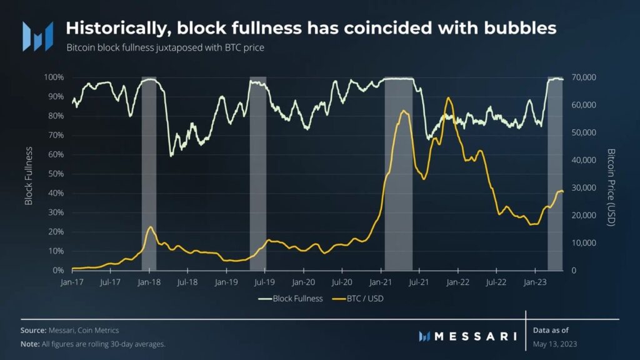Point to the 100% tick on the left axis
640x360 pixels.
tap(54, 77)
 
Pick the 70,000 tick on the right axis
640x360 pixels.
tap(585, 77)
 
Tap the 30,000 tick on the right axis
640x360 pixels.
tap(585, 187)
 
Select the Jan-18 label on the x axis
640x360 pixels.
tap(149, 282)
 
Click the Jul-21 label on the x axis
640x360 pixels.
tap(419, 282)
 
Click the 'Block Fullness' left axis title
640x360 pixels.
tap(29, 176)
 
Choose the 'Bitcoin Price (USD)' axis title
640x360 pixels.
tap(612, 187)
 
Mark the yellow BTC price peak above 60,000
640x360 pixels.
tap(447, 98)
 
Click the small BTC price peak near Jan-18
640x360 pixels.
tap(150, 227)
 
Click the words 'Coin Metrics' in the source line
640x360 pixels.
tap(99, 330)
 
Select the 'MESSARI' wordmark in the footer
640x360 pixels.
tap(476, 336)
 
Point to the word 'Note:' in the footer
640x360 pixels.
tap(30, 344)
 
